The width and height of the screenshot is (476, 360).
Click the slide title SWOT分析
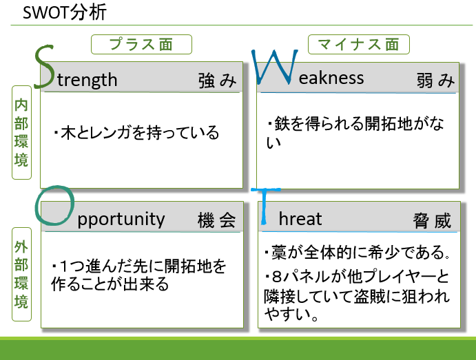[65, 13]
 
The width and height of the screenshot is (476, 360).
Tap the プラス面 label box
[141, 44]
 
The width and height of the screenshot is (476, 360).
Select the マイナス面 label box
[358, 44]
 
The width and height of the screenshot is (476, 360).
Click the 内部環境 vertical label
[21, 133]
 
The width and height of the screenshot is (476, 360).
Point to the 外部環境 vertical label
[21, 274]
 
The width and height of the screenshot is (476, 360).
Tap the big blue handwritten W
[275, 67]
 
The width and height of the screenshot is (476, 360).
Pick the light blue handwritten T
[264, 207]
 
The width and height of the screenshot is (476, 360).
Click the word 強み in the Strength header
[218, 81]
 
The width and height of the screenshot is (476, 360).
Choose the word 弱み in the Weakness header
[435, 81]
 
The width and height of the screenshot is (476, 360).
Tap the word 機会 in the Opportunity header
[217, 220]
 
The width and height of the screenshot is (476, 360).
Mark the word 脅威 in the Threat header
[432, 220]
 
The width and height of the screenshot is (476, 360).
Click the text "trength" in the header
[87, 80]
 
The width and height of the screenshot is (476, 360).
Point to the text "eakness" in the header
[331, 78]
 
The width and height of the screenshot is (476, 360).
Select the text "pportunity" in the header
[121, 219]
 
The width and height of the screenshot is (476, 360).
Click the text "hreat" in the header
[300, 219]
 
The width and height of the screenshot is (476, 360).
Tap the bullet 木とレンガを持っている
[136, 133]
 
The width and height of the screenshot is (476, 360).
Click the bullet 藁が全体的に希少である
[357, 253]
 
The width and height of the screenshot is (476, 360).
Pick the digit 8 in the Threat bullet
[277, 277]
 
